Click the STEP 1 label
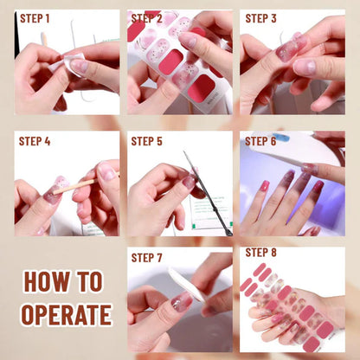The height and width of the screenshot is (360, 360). pos(35,19)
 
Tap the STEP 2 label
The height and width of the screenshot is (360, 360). pos(146,19)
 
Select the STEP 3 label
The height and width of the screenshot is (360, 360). pos(260,19)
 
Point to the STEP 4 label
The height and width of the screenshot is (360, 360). pos(35,141)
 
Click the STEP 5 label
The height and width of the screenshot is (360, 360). pos(146,141)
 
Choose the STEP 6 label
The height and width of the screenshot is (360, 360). pos(260,141)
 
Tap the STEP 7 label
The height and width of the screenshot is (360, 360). pos(146,258)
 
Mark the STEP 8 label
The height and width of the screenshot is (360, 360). pos(260,253)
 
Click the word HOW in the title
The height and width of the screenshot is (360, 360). pos(47,281)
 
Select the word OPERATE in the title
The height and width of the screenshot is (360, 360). pos(67,315)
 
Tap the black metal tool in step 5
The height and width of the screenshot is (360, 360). pos(208,193)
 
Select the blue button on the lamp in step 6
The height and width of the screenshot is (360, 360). pos(281,137)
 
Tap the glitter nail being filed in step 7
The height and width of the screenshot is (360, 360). pos(181,301)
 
